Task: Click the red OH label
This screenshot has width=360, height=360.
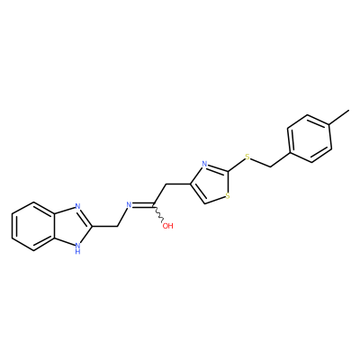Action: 167,226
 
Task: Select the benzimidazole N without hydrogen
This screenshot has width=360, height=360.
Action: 77,206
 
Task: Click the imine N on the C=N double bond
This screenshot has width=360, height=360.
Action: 130,205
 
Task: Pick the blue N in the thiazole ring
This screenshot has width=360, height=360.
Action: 204,164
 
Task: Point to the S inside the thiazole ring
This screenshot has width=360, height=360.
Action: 228,196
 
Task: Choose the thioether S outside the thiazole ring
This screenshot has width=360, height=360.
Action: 247,157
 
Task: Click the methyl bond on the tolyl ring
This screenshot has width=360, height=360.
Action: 339,117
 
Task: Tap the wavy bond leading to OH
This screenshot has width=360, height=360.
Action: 158,215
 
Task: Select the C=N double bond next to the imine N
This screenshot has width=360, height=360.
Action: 143,206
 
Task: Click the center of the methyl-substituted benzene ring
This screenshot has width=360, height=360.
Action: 310,139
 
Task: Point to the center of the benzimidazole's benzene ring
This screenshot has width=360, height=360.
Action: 33,227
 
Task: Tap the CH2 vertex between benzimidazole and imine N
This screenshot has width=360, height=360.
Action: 116,227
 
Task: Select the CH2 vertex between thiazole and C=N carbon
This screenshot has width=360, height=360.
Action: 166,184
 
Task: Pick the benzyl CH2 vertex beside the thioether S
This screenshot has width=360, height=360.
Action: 271,166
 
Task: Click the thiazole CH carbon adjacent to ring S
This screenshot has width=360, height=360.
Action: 204,204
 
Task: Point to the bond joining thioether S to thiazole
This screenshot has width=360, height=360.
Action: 237,165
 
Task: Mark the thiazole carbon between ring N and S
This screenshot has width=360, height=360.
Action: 229,171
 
